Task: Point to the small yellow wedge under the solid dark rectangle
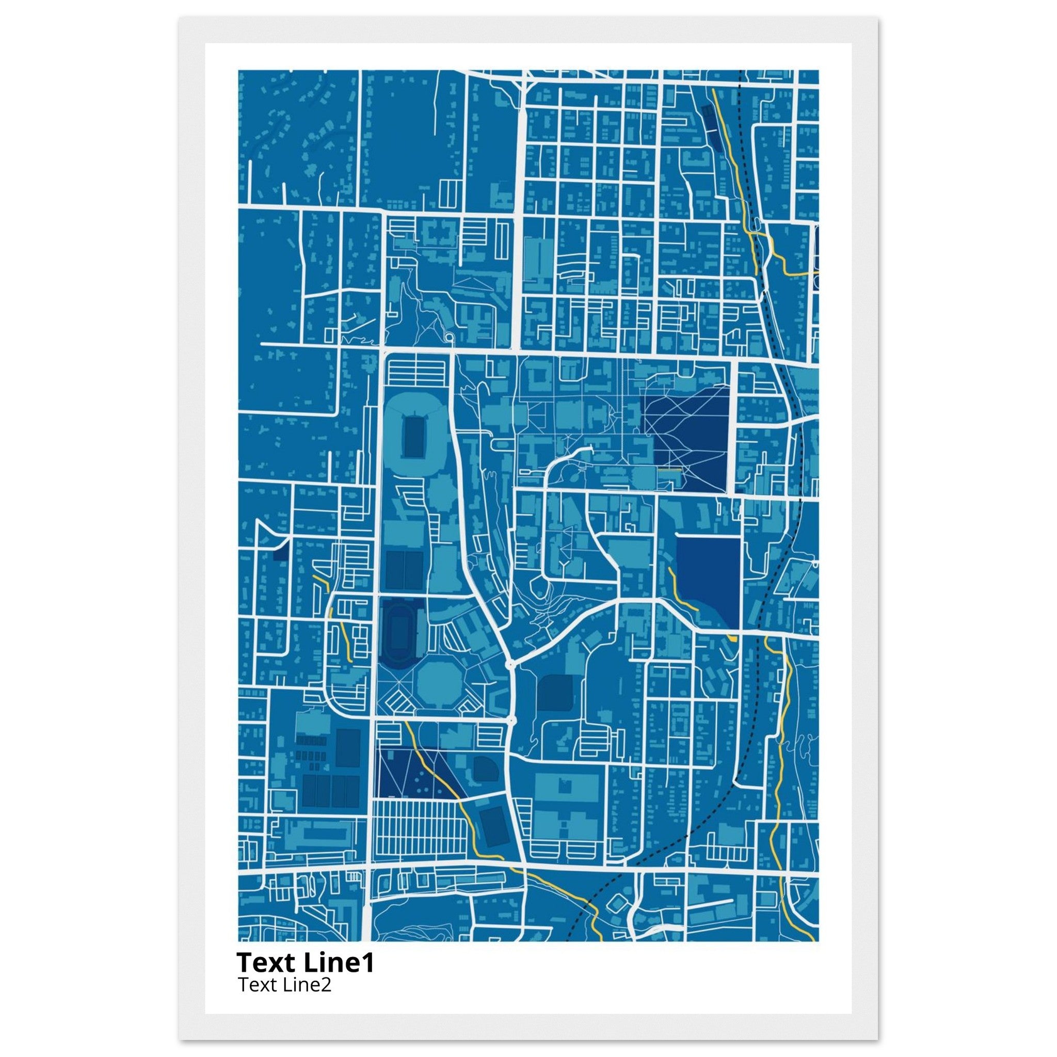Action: tap(732, 638)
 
